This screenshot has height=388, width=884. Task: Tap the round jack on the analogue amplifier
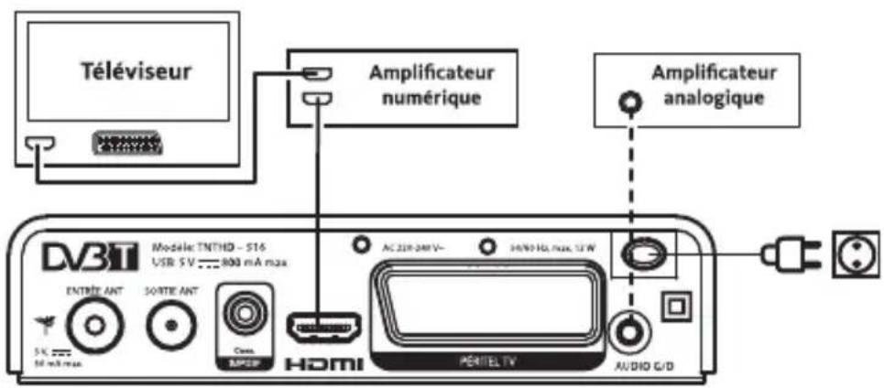[x=628, y=102]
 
